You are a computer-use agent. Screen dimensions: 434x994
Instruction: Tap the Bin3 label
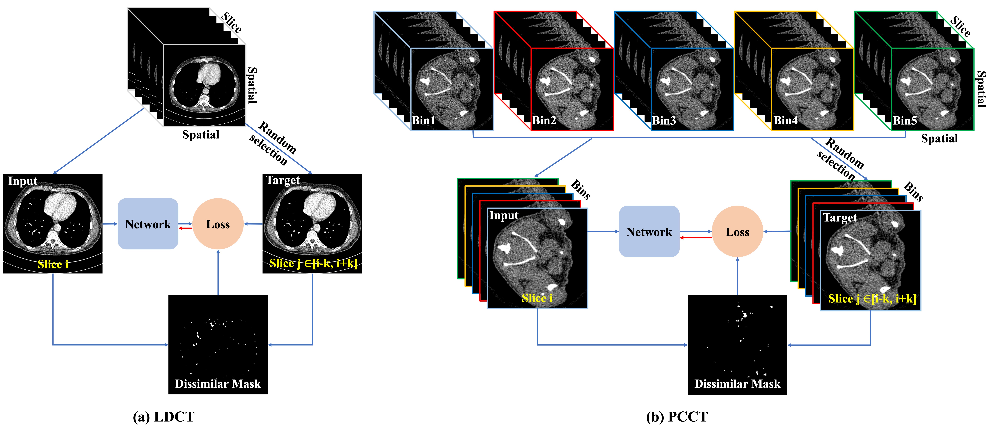664,121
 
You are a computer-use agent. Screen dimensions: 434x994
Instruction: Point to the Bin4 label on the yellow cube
785,121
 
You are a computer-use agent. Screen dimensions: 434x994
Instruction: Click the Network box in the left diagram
148,224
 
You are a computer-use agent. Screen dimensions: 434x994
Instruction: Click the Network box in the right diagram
649,232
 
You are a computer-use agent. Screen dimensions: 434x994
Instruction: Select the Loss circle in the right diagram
737,232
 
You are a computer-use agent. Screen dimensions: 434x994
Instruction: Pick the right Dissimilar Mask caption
737,384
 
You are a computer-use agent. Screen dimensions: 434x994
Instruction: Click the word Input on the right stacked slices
504,215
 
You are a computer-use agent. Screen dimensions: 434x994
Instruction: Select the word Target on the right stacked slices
840,218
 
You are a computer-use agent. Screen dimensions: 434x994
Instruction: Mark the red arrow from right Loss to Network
696,237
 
